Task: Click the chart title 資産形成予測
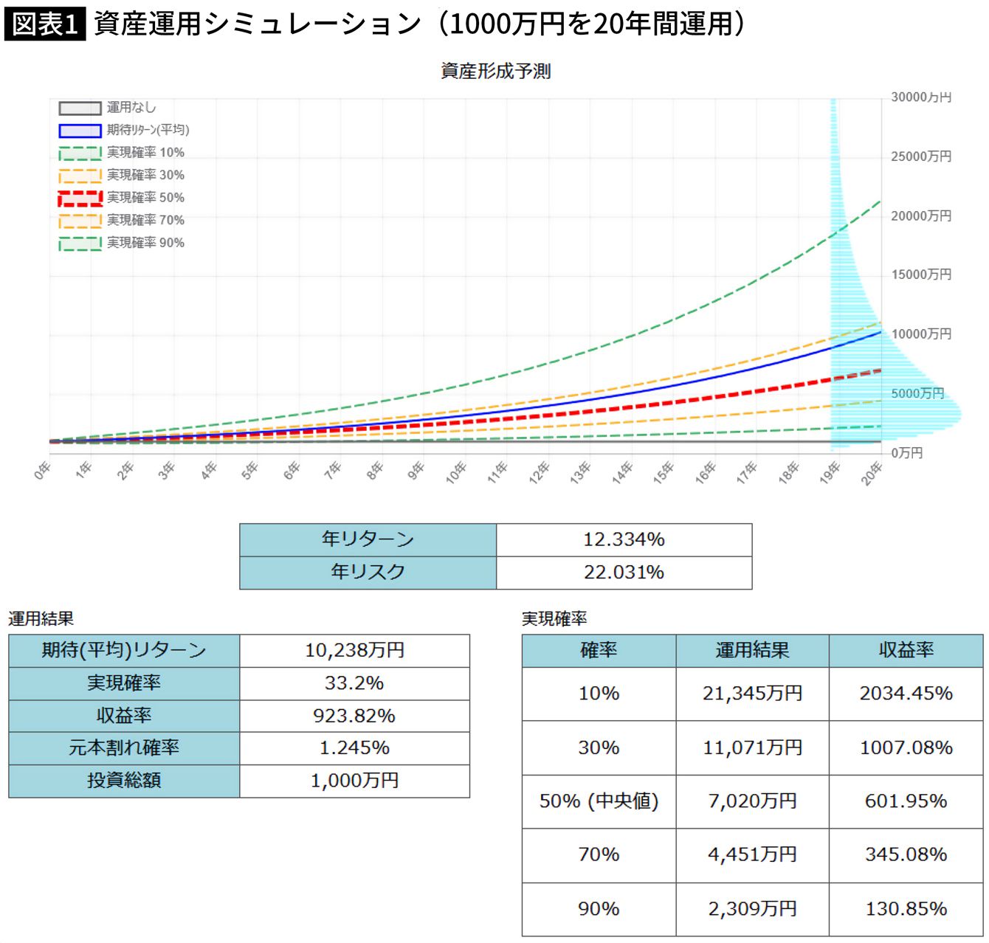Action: (x=495, y=71)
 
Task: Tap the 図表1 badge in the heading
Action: (x=45, y=24)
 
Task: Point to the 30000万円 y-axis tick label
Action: (x=921, y=97)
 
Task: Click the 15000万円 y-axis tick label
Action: (x=921, y=274)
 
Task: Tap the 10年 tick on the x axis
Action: (x=456, y=473)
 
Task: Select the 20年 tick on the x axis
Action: (x=871, y=473)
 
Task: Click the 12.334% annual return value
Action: (x=624, y=539)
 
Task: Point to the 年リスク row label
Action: (x=368, y=572)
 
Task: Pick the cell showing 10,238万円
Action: (x=355, y=650)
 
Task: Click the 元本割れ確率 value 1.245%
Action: (x=355, y=748)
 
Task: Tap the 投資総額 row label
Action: (x=124, y=780)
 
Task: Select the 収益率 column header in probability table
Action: (x=906, y=650)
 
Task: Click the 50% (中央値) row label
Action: (x=599, y=801)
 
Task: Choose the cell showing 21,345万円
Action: (x=752, y=694)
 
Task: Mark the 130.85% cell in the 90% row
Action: (x=906, y=909)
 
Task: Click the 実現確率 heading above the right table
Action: (x=554, y=618)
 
